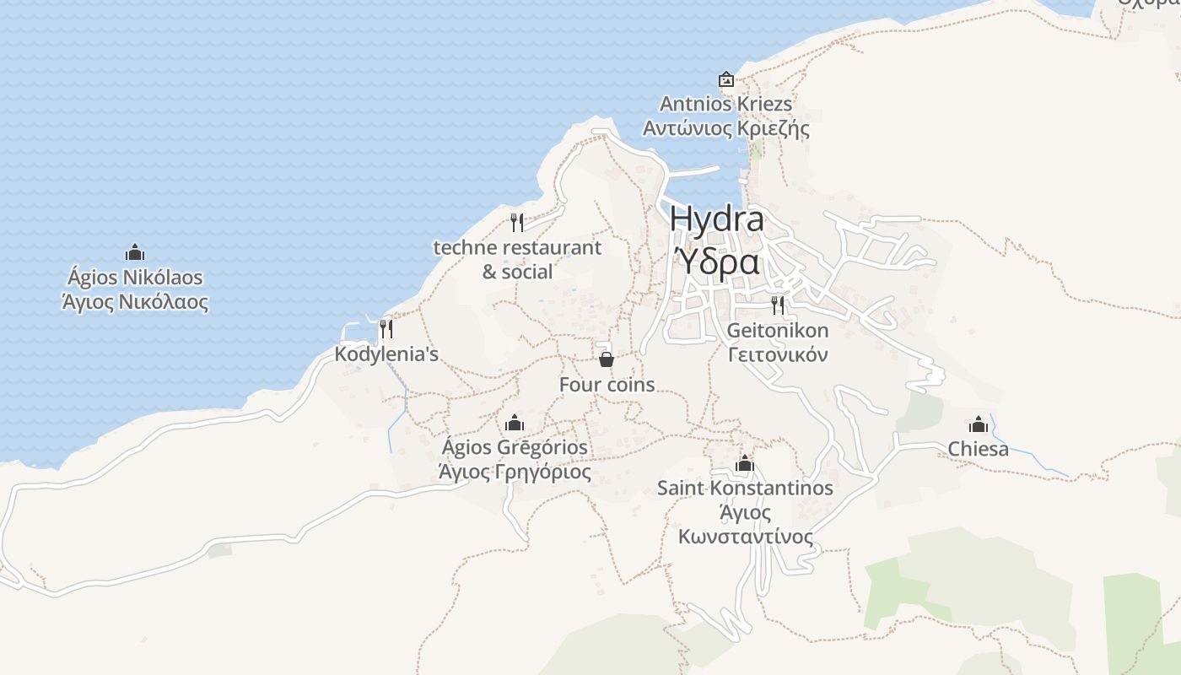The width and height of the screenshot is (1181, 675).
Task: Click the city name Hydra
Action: coord(717,219)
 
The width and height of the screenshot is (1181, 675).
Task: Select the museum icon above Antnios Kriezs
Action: coord(725,80)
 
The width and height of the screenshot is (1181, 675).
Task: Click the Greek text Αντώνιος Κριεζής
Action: coord(725,129)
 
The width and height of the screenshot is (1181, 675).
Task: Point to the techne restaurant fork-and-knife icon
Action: coord(517,223)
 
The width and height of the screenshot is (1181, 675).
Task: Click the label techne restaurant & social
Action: coord(517,259)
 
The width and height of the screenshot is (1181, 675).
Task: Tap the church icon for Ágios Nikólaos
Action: coord(135,252)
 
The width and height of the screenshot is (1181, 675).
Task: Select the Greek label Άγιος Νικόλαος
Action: coord(135,301)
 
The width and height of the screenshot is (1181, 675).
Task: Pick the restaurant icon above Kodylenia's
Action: coord(386,328)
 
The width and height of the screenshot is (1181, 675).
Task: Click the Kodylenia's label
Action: coord(386,354)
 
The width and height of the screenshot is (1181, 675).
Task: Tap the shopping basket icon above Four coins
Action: coord(606,359)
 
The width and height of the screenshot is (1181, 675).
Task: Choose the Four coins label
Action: coord(607,385)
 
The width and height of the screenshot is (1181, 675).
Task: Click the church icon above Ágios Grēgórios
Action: coord(515,423)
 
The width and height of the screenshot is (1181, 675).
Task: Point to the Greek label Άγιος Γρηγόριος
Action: coord(515,472)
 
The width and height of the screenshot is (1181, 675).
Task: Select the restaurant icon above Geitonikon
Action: coord(778,305)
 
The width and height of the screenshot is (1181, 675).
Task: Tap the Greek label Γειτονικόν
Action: coord(778,354)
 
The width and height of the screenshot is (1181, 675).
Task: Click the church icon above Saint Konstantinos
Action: coord(744,463)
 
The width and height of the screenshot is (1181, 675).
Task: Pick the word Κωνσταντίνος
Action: coord(746,537)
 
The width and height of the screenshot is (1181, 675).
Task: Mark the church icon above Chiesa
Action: coord(979,424)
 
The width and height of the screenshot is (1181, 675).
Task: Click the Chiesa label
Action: coord(979,449)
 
